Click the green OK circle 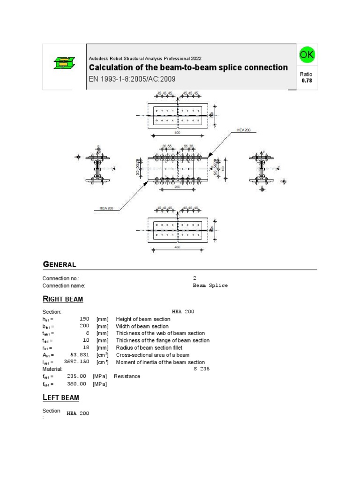pyautogui.click(x=307, y=55)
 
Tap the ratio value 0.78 pyautogui.click(x=307, y=81)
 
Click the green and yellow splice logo pyautogui.click(x=64, y=62)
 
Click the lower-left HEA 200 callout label pyautogui.click(x=106, y=208)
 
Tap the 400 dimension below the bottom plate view pyautogui.click(x=177, y=247)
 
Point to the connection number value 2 pyautogui.click(x=195, y=278)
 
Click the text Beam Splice pyautogui.click(x=210, y=285)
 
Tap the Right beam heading pyautogui.click(x=63, y=299)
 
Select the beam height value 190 pyautogui.click(x=84, y=319)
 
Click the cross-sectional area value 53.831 pyautogui.click(x=80, y=355)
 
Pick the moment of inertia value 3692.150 pyautogui.click(x=76, y=362)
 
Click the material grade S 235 pyautogui.click(x=201, y=369)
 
